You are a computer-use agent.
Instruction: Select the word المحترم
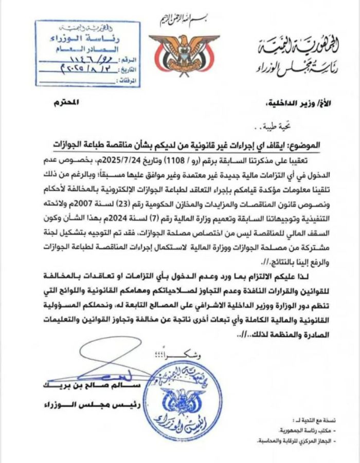[x=65, y=102]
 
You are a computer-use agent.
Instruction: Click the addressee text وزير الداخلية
[x=280, y=104]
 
